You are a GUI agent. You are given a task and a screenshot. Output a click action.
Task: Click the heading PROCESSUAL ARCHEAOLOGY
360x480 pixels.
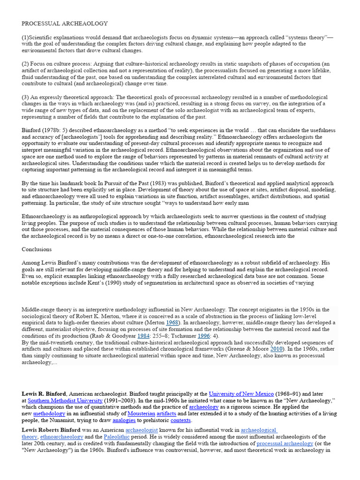tap(65, 23)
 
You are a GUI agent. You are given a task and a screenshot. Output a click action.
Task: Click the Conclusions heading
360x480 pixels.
tap(37, 249)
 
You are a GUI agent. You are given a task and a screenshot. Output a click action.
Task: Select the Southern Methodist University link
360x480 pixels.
tap(65, 401)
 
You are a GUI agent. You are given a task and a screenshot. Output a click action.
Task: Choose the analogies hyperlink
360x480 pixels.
tap(124, 421)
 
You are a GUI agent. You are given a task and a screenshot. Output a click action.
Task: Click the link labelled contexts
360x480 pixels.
tap(180, 421)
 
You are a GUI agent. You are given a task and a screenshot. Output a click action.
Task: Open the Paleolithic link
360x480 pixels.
tap(114, 436)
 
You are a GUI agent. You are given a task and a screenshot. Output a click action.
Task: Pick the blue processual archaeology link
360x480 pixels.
tap(285, 443)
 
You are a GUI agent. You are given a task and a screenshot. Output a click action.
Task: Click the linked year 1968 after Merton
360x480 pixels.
tap(172, 323)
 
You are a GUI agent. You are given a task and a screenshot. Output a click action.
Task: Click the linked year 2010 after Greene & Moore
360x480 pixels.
tap(276, 349)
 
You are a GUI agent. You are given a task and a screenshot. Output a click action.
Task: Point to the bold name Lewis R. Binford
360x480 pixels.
tap(45, 394)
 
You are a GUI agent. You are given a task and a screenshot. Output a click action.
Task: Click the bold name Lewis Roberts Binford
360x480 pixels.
tap(53, 430)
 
